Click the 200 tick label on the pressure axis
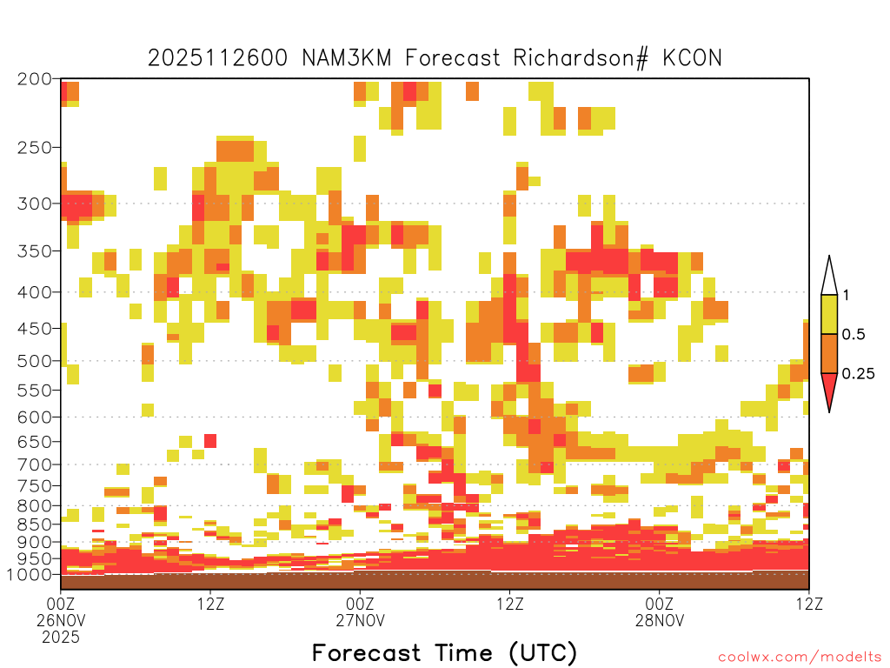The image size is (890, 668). (x=34, y=79)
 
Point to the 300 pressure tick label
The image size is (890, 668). (x=34, y=204)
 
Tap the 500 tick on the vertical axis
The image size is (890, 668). (x=34, y=361)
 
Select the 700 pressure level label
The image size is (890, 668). (x=34, y=464)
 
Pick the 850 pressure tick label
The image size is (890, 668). (x=34, y=524)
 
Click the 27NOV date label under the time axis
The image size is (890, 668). (x=360, y=620)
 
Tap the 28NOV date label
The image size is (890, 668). (x=660, y=620)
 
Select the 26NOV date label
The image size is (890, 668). (x=61, y=620)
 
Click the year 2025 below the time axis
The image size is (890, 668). (x=61, y=638)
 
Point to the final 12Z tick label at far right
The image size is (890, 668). (x=809, y=604)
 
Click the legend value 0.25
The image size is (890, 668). (x=858, y=374)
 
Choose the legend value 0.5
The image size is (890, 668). (x=853, y=334)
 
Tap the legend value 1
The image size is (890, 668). (x=846, y=295)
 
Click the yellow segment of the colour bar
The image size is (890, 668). (x=829, y=314)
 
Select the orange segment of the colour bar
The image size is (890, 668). (x=829, y=353)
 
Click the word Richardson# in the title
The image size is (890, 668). (x=580, y=58)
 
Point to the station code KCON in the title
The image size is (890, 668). (x=692, y=58)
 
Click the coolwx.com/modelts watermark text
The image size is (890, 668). (x=800, y=658)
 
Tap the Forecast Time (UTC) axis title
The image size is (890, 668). (x=444, y=652)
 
